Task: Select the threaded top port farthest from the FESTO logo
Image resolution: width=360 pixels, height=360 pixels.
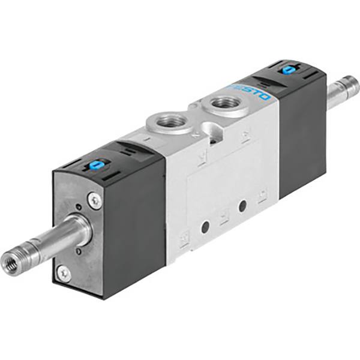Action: (169, 123)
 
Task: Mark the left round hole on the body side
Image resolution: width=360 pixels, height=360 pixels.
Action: (205, 227)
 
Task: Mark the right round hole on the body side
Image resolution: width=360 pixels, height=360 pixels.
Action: (242, 206)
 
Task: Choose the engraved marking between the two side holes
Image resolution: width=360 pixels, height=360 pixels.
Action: (224, 217)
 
